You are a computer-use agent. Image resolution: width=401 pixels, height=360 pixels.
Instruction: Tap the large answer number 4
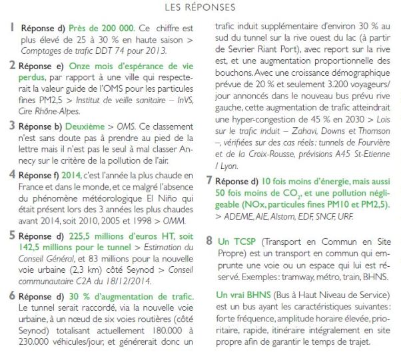click(11, 175)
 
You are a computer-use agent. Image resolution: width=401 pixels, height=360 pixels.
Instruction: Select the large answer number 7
click(210, 180)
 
